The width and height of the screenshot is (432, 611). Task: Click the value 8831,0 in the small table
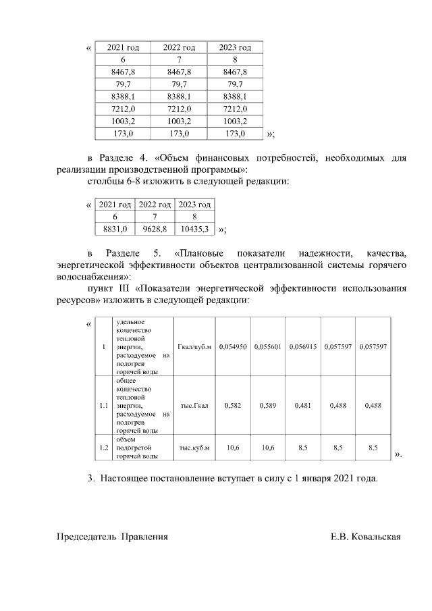[x=115, y=230]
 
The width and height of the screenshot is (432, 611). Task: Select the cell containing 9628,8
[x=155, y=230]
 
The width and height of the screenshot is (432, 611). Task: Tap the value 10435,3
[x=194, y=230]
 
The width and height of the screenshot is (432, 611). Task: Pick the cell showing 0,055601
[x=267, y=346]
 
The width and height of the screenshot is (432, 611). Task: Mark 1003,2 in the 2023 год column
[x=234, y=122]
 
